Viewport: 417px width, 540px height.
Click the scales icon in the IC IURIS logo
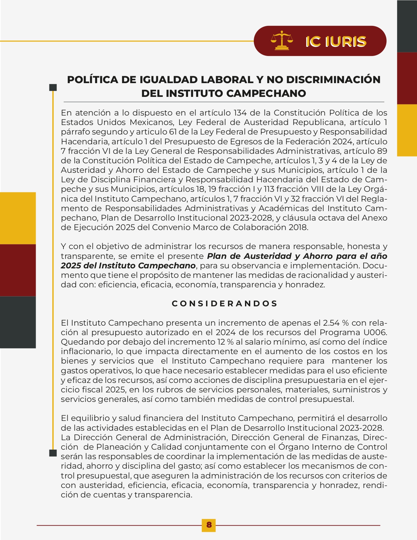(x=281, y=41)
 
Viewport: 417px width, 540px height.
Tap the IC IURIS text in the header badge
(x=336, y=42)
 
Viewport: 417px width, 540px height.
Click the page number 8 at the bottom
(x=209, y=525)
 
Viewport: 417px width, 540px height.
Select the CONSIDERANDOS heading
(x=225, y=303)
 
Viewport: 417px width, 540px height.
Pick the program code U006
(x=375, y=332)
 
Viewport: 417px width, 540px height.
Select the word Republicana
(x=319, y=122)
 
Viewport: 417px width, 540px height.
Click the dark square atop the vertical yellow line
(x=53, y=87)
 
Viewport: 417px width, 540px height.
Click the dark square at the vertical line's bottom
(x=53, y=453)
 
